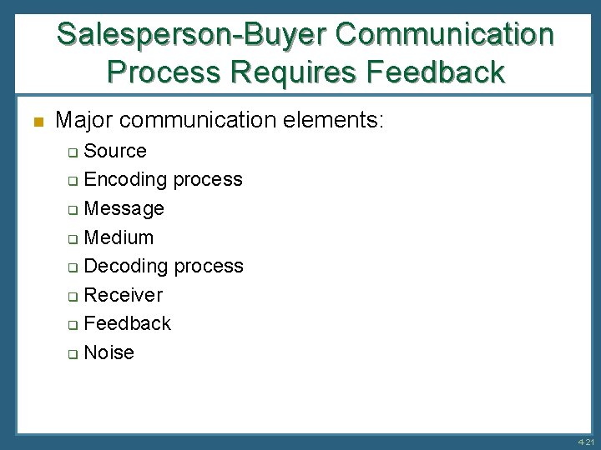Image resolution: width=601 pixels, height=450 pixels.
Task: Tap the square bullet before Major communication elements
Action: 36,122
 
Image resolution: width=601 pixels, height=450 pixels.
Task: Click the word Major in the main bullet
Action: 87,121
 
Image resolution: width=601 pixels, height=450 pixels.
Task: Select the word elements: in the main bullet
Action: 336,121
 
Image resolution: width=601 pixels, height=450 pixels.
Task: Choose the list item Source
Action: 115,151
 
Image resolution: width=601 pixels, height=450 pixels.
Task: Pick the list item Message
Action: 124,208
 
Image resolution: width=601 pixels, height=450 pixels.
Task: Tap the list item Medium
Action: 119,237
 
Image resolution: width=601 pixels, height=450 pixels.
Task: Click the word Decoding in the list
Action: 126,266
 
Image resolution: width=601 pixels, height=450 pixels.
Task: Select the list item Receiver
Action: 124,295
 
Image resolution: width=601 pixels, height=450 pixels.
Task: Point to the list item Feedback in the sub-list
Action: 128,323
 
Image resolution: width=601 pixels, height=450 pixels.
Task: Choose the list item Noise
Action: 109,352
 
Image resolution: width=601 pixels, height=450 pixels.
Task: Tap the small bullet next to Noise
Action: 73,353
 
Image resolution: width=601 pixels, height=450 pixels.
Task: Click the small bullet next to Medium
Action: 73,238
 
